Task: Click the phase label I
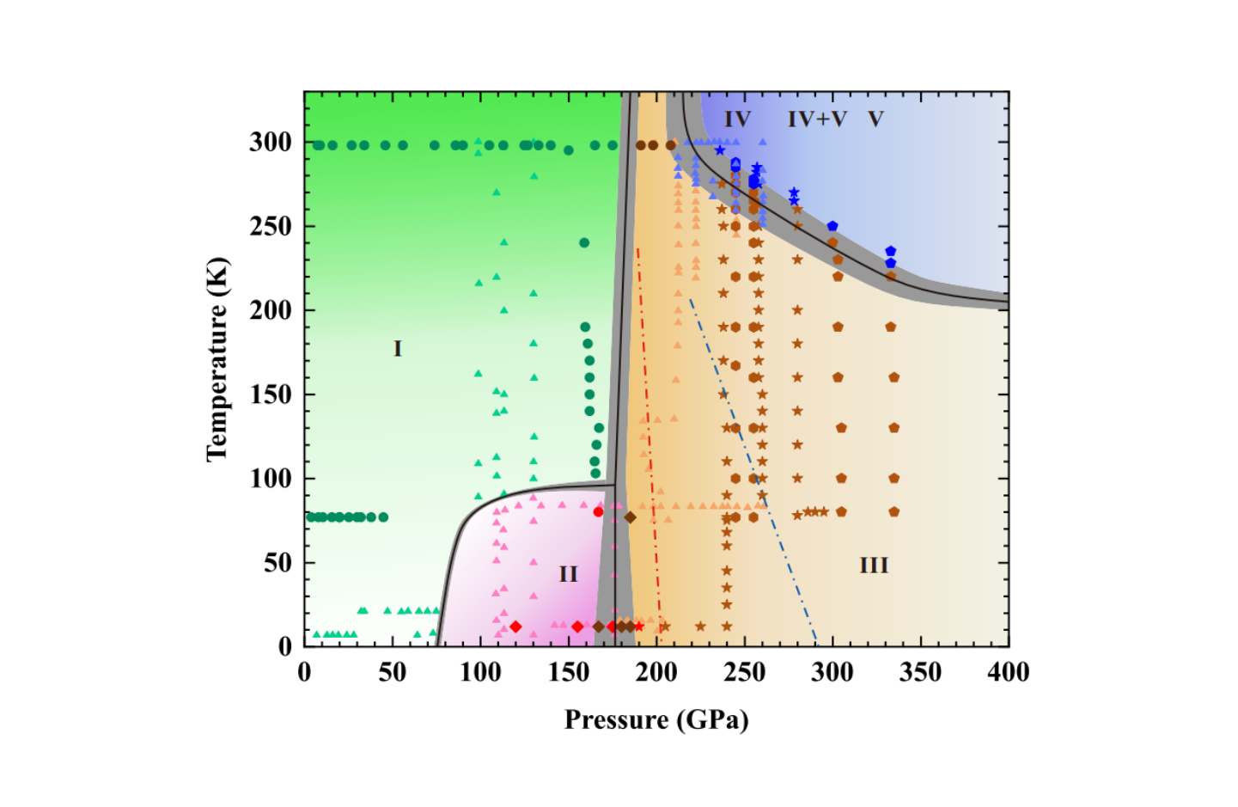point(397,348)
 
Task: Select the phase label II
point(568,574)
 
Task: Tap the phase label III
point(873,566)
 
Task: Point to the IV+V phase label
point(816,119)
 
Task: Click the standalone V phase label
point(875,119)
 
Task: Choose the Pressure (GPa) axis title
point(656,719)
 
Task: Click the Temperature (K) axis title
point(217,358)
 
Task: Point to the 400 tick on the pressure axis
point(1008,672)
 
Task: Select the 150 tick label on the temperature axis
point(270,394)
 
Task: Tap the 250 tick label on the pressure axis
point(744,672)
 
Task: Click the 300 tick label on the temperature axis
point(270,142)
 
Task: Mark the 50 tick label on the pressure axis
point(392,672)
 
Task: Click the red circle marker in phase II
point(598,511)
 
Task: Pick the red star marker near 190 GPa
point(638,627)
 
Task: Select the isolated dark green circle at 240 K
point(584,242)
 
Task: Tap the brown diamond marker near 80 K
point(630,517)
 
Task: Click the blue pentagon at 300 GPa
point(832,226)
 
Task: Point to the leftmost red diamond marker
point(515,627)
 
